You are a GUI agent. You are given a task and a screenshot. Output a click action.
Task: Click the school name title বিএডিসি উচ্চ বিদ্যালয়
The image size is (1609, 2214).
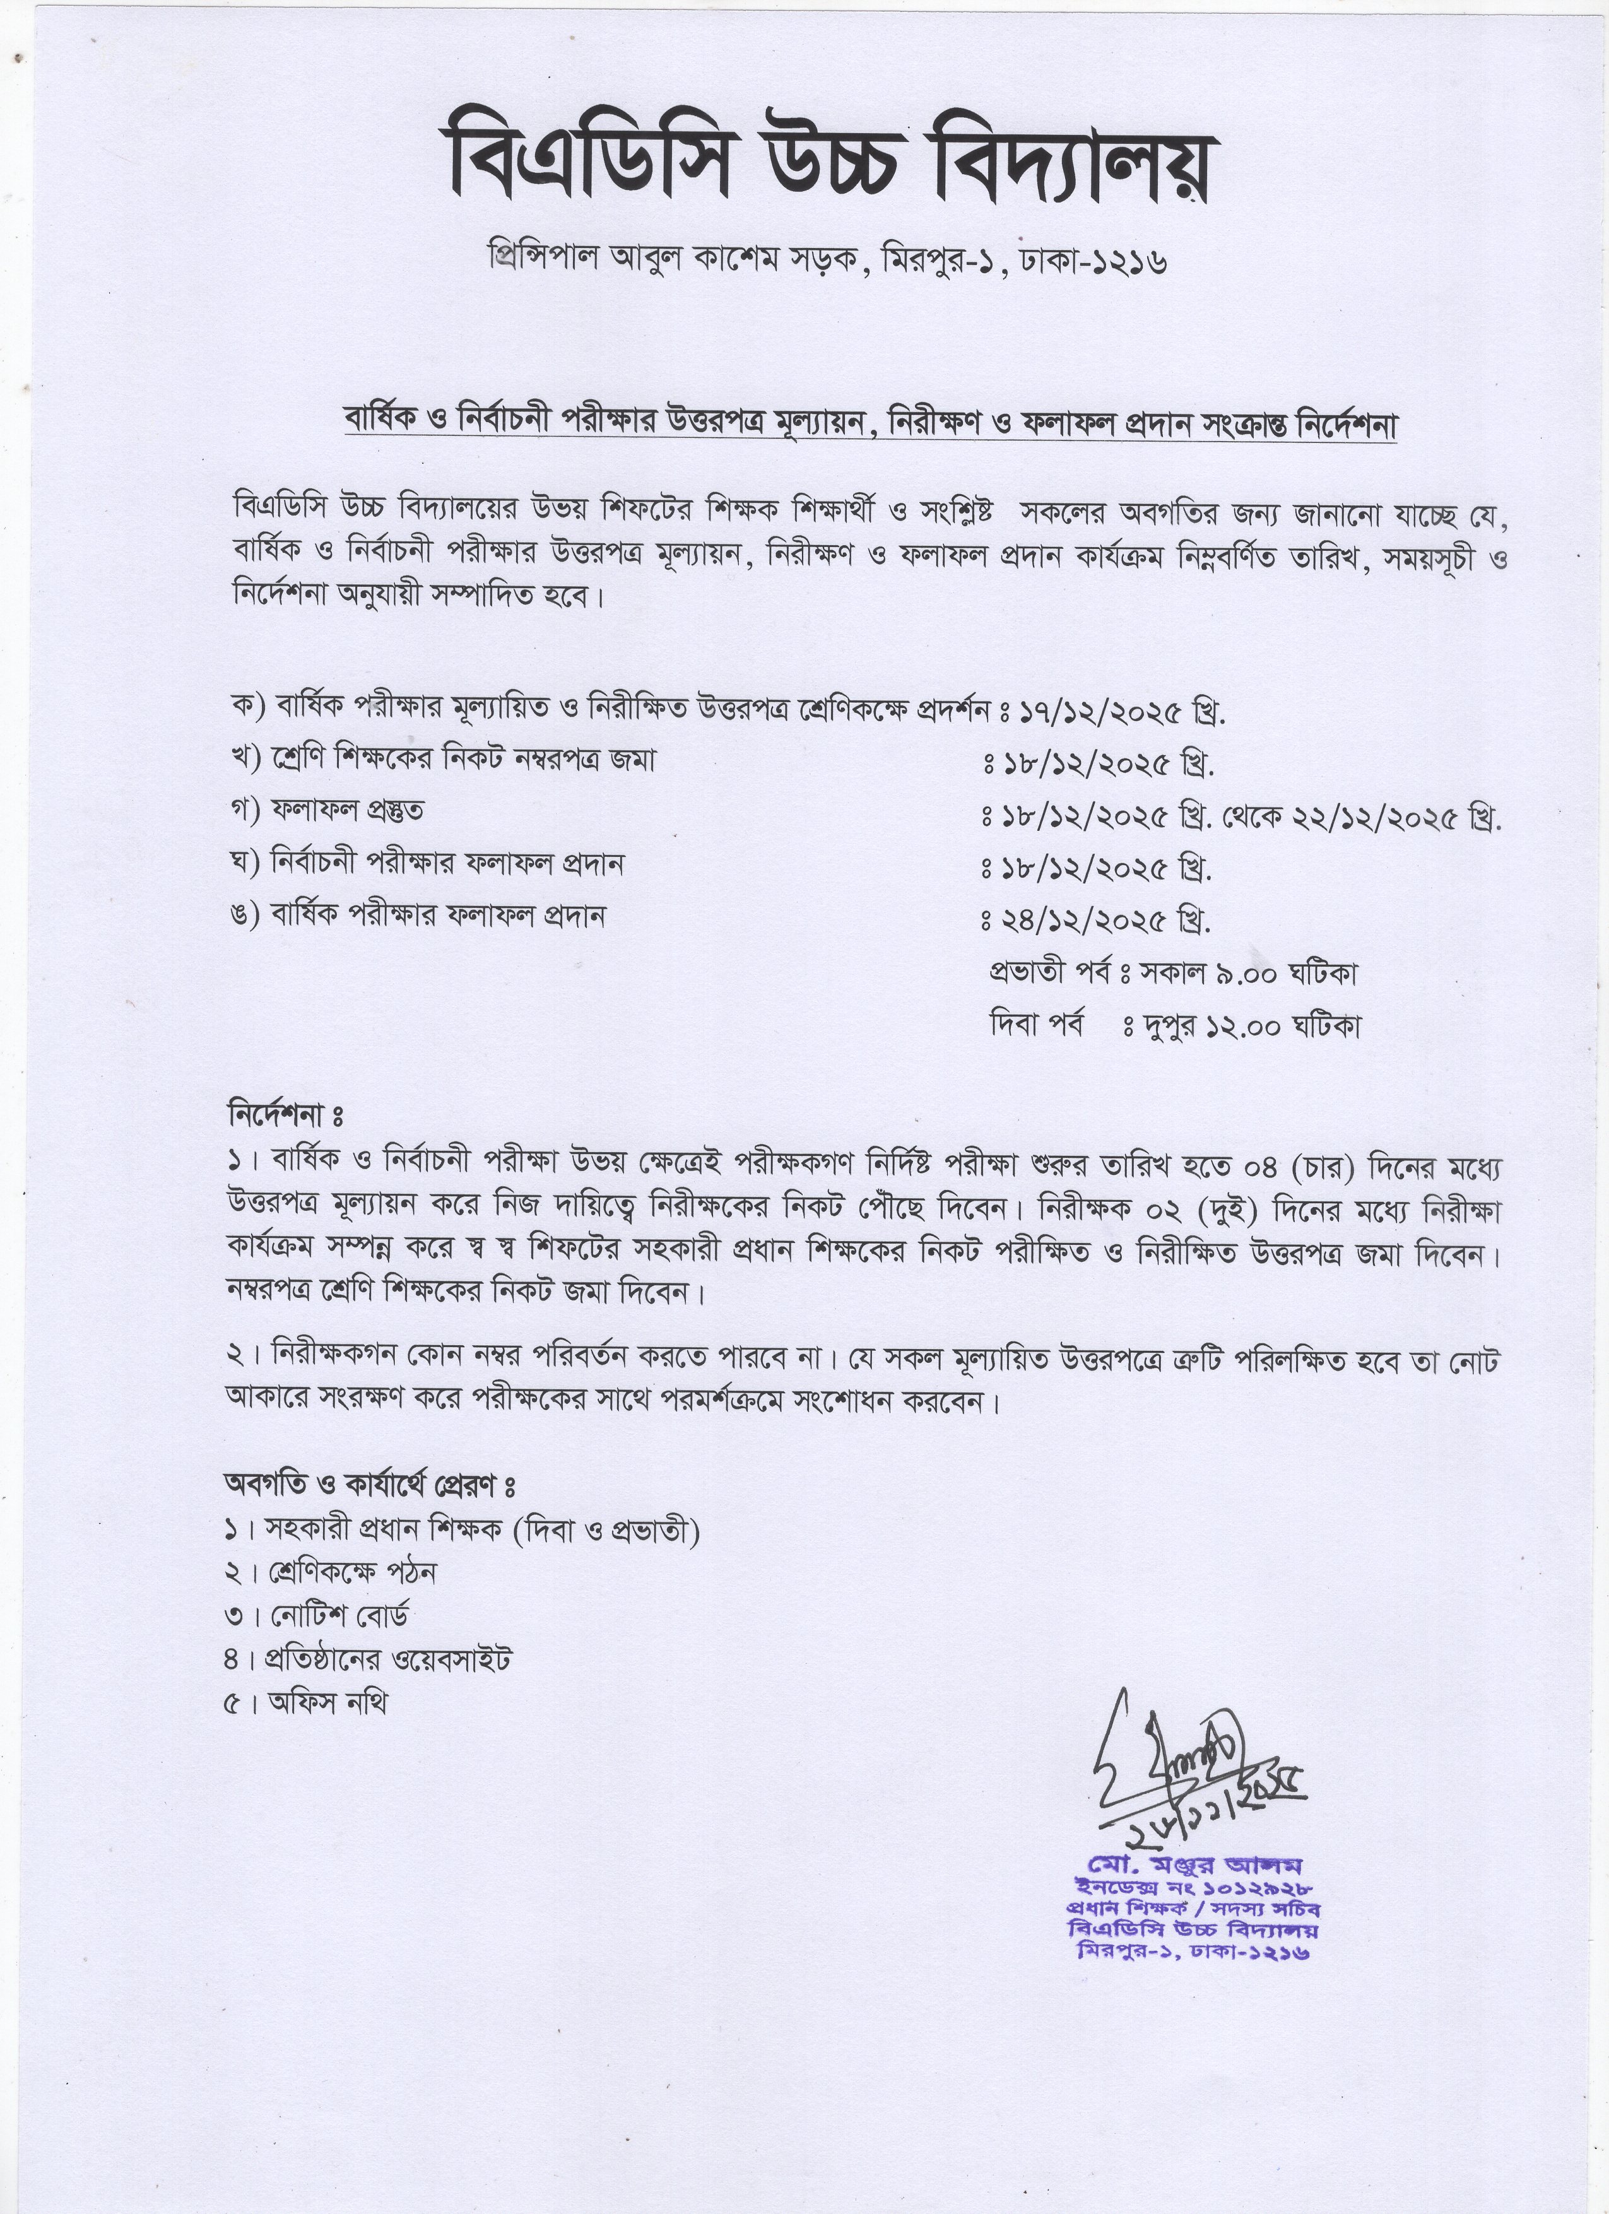[x=828, y=164]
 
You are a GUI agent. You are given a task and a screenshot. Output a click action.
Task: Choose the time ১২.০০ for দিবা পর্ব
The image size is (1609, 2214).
[x=1245, y=1025]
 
